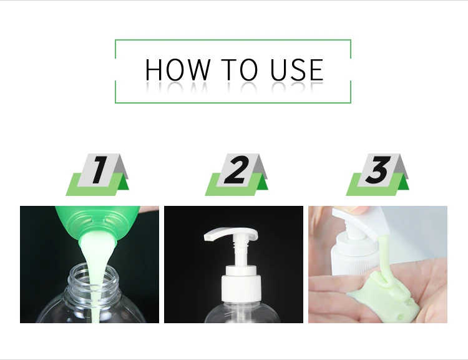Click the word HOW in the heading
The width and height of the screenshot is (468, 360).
[178, 69]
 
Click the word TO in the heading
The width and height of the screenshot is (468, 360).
[239, 69]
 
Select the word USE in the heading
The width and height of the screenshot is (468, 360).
[297, 69]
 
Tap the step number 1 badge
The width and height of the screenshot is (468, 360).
[97, 175]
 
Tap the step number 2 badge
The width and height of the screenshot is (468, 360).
[236, 175]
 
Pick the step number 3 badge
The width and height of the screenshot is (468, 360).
[378, 175]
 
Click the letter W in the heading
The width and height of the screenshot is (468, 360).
[197, 69]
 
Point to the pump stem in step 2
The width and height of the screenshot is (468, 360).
[241, 251]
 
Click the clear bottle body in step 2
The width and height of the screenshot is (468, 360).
[233, 312]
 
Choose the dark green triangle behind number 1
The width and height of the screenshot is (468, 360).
[123, 184]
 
